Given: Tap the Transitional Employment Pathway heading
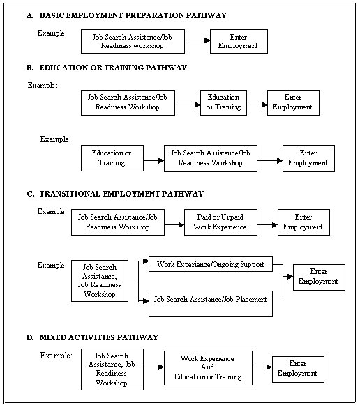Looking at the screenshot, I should point(114,193).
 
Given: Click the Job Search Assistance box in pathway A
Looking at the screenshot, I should point(133,41).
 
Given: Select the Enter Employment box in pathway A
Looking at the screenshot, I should point(238,41).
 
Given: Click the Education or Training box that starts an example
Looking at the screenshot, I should point(112,158).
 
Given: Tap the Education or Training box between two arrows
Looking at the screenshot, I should point(223,102).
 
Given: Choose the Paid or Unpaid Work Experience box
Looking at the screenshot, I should point(220,222).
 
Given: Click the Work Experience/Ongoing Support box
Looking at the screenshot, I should point(211,264).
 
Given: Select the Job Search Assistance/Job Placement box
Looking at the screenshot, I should point(211,300).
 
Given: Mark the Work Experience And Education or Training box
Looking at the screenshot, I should point(208,367).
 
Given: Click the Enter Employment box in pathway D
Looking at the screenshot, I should point(298,369).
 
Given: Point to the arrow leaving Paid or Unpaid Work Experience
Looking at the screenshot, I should point(267,224).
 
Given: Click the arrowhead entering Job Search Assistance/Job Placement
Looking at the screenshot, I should point(146,300).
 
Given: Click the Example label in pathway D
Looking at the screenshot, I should point(57,356).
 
